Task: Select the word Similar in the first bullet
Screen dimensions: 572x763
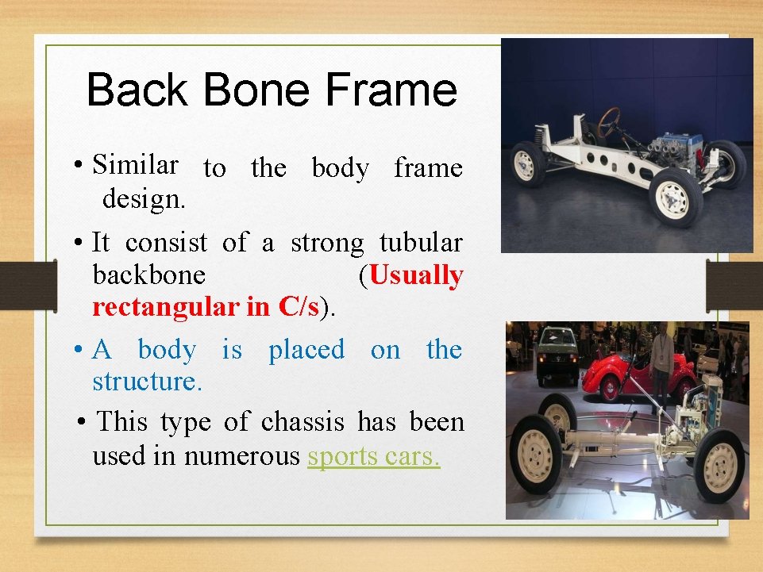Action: (135, 164)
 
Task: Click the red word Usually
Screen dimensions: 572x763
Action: (416, 275)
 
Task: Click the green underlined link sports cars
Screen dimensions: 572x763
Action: (373, 456)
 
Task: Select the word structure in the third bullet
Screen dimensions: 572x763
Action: (147, 382)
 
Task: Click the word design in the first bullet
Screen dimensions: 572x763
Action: (144, 198)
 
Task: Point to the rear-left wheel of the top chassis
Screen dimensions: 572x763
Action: (527, 163)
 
